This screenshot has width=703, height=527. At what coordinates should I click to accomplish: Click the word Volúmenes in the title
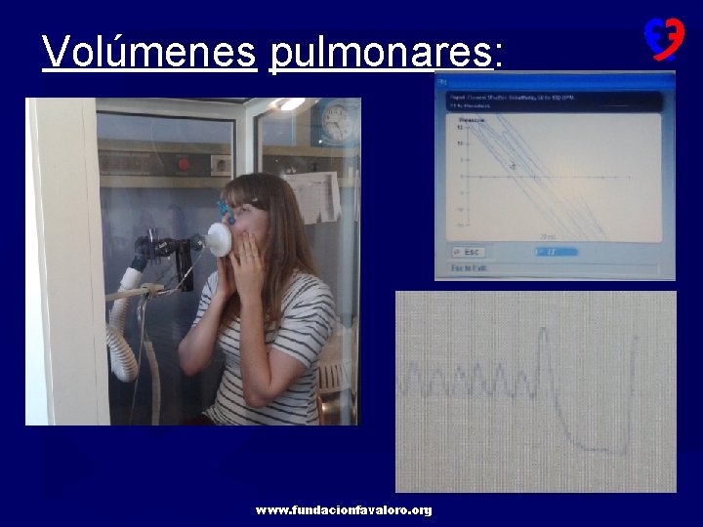148,51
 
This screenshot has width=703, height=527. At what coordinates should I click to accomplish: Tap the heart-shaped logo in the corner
663,38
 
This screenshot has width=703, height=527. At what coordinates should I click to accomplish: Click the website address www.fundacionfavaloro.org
343,510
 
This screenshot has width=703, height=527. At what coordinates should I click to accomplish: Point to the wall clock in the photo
335,121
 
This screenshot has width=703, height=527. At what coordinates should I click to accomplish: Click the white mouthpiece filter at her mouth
219,239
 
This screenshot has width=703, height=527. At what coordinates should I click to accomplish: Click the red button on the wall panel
183,164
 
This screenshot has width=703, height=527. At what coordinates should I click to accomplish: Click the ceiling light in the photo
289,103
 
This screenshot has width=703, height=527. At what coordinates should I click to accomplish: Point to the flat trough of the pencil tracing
605,452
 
